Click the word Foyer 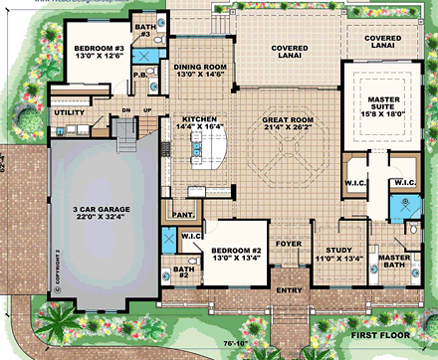[x=288, y=240]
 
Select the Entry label [x=290, y=290]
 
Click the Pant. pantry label [x=181, y=213]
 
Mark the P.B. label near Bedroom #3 [x=140, y=75]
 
